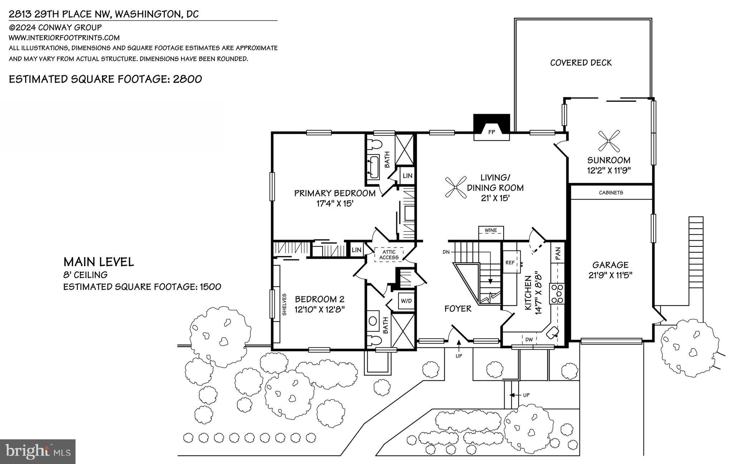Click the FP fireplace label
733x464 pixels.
491,132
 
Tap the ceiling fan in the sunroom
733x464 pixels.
609,141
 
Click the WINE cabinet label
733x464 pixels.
491,230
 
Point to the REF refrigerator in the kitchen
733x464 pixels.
511,262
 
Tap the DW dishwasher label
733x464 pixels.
529,339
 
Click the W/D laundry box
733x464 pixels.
406,301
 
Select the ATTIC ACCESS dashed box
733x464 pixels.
389,255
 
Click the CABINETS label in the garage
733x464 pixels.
611,192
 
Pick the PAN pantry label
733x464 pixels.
558,254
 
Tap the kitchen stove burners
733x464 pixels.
557,293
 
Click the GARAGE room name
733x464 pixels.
610,265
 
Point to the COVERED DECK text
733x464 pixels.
581,63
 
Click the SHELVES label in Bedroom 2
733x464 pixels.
285,304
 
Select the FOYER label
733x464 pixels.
458,308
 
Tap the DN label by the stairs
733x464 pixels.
446,252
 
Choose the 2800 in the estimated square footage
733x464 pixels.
188,79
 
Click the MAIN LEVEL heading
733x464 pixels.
99,262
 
